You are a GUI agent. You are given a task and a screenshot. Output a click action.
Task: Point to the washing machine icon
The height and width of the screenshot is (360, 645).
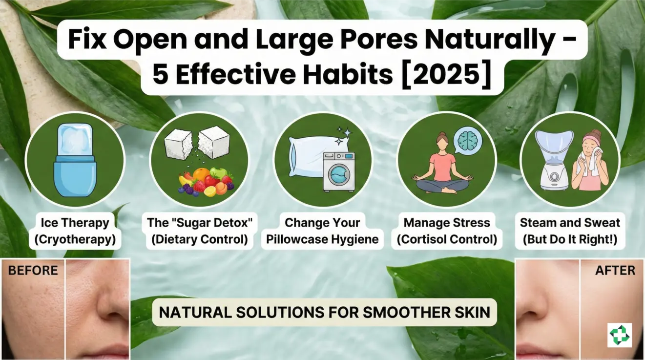pos(338,170)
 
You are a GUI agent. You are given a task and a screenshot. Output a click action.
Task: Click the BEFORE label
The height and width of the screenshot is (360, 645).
pos(33,270)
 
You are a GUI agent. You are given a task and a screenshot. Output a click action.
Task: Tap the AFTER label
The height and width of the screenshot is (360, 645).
pos(615,270)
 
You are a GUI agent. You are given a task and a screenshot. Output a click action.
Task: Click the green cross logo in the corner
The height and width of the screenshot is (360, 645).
pos(619,335)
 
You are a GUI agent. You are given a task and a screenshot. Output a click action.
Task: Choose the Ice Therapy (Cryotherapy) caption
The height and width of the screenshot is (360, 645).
pos(75,231)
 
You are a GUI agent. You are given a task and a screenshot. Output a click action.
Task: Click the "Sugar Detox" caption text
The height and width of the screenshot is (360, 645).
pos(200,223)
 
